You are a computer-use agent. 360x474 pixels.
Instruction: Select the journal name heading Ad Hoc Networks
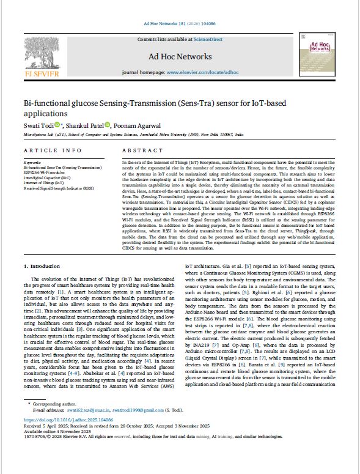180,57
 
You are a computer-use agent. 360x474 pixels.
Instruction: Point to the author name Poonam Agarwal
138,125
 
